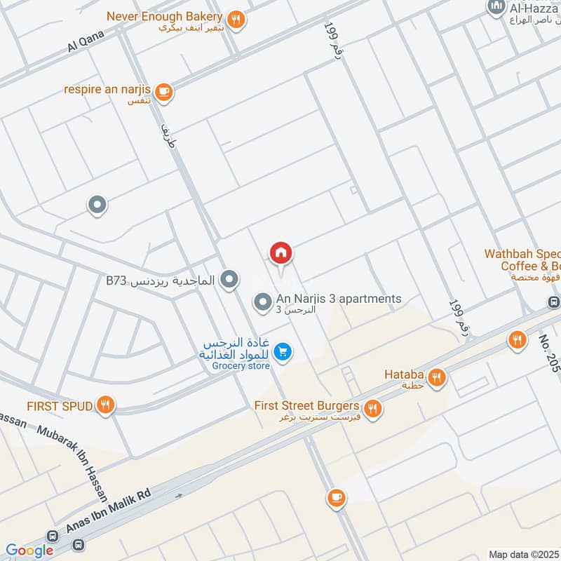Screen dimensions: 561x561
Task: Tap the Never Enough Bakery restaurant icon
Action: click(x=236, y=20)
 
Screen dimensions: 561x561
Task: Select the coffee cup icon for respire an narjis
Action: click(x=163, y=91)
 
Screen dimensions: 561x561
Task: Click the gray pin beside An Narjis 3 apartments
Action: click(x=262, y=303)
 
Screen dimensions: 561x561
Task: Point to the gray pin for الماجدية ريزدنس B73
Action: click(x=228, y=281)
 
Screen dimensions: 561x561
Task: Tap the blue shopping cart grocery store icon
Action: click(x=283, y=352)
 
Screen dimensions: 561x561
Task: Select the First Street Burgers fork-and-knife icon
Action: click(x=373, y=408)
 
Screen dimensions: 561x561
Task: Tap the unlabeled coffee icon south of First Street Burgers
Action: click(x=336, y=499)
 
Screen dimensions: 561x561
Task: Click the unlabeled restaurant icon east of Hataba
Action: click(x=517, y=340)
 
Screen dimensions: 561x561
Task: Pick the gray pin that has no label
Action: click(x=97, y=205)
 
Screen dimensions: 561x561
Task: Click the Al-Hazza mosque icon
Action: click(x=496, y=7)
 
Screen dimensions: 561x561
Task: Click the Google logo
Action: click(x=29, y=550)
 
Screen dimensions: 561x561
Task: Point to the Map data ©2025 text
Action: click(x=524, y=554)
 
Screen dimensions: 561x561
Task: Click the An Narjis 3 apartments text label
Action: click(x=339, y=299)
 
